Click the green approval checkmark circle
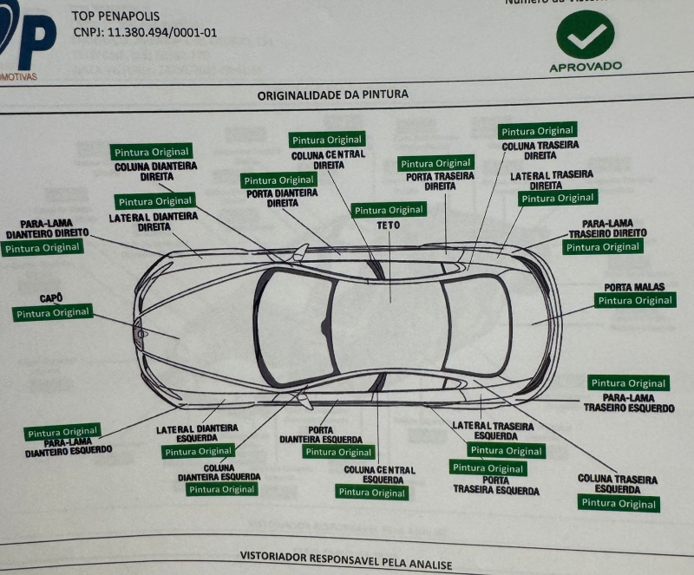click(586, 34)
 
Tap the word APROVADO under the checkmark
click(586, 67)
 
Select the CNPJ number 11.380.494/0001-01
click(146, 33)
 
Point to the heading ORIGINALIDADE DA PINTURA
click(332, 95)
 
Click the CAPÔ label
click(50, 297)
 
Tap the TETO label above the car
click(388, 225)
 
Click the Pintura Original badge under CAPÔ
click(52, 313)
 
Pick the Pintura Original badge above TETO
click(389, 210)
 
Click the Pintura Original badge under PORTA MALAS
click(635, 301)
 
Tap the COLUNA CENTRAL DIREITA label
click(328, 160)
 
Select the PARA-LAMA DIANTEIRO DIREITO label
click(47, 229)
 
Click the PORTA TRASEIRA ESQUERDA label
click(495, 485)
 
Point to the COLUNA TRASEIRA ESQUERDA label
click(617, 484)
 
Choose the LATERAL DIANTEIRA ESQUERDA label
click(197, 433)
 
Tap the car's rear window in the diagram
click(476, 325)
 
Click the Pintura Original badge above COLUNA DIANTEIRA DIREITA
click(151, 152)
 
